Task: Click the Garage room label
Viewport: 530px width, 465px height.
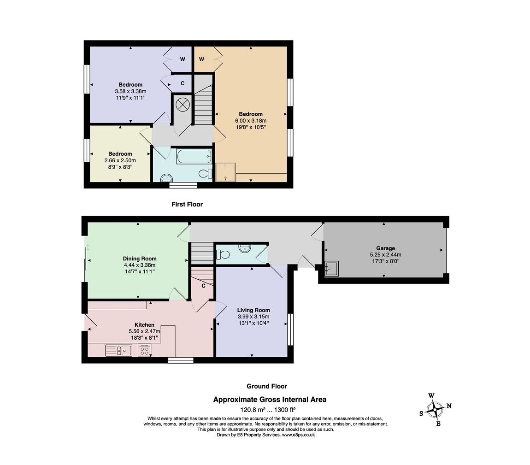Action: click(x=385, y=248)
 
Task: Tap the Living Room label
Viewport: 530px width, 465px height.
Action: click(x=253, y=310)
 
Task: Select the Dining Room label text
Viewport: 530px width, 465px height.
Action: click(x=140, y=259)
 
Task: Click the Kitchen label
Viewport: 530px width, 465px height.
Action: click(x=144, y=325)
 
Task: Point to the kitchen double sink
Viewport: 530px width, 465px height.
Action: click(x=118, y=350)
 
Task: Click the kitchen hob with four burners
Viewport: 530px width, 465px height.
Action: click(x=145, y=350)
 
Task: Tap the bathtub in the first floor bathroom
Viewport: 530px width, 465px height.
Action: click(x=194, y=157)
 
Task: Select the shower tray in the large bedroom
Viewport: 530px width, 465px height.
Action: click(x=225, y=172)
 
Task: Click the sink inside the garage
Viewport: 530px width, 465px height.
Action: click(x=331, y=269)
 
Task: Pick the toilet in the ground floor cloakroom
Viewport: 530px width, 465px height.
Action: click(x=223, y=254)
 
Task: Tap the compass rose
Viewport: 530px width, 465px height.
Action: click(x=435, y=410)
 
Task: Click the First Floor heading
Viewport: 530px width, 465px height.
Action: click(x=187, y=204)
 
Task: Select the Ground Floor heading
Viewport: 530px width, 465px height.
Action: click(x=267, y=386)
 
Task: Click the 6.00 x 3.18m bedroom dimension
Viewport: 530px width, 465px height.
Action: click(x=251, y=121)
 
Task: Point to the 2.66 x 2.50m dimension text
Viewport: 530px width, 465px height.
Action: click(x=120, y=160)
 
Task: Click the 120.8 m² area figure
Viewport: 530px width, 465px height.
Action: click(x=253, y=410)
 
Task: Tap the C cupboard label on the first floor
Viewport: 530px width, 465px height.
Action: click(x=183, y=83)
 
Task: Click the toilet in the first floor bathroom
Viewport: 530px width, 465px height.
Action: click(x=205, y=173)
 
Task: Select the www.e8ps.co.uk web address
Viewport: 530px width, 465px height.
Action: click(x=299, y=435)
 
